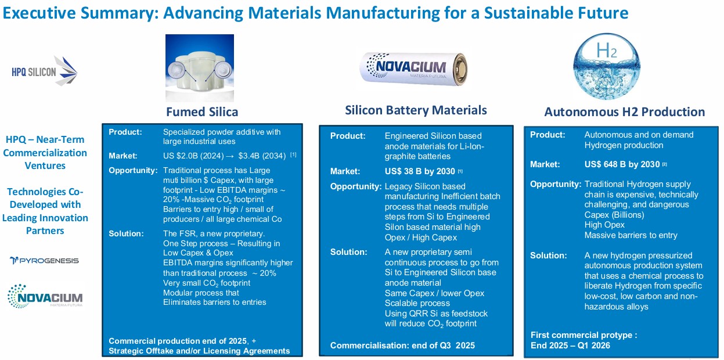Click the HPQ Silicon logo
(x=45, y=71)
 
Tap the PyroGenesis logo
(x=44, y=261)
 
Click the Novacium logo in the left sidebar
(x=45, y=296)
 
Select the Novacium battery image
(x=413, y=69)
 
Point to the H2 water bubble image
(x=607, y=66)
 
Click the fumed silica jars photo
(x=200, y=68)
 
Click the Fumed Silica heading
(x=202, y=112)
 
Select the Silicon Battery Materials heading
(x=416, y=110)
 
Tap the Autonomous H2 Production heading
(x=625, y=112)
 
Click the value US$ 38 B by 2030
(x=420, y=171)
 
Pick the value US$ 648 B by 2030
(x=622, y=164)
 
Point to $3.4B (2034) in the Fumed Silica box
(x=262, y=156)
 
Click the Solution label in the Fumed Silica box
(x=126, y=233)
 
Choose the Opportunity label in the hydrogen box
(x=556, y=184)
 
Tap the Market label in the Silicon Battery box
(x=345, y=171)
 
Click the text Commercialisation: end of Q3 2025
(x=402, y=345)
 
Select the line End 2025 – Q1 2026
(x=570, y=345)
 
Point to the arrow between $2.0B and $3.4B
(x=230, y=156)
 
